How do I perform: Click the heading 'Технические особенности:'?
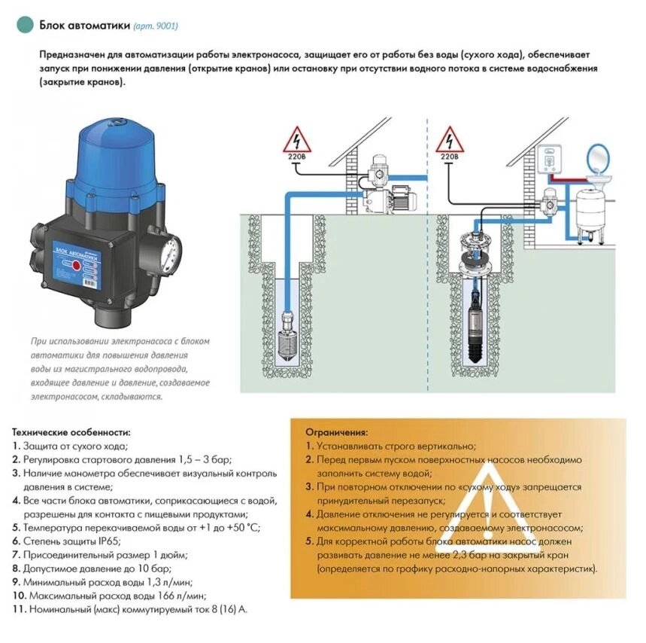[71, 432]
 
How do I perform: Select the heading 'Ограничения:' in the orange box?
[338, 433]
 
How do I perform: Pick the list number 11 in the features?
[17, 608]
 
